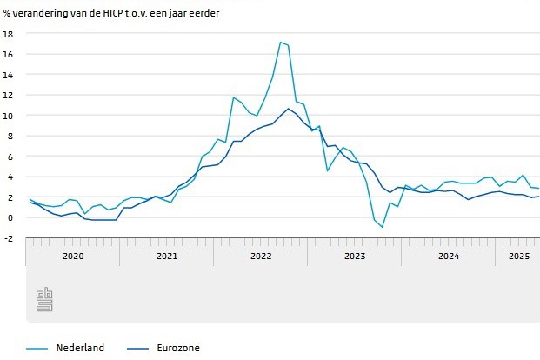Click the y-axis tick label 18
click(x=8, y=34)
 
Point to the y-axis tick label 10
click(x=8, y=116)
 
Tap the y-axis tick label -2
click(x=8, y=238)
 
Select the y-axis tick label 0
click(x=10, y=217)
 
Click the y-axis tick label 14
click(x=8, y=75)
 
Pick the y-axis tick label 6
click(x=10, y=157)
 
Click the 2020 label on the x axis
click(x=72, y=256)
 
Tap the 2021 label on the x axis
click(x=166, y=256)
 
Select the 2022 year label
click(x=260, y=256)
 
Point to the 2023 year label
click(x=354, y=256)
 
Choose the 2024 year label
click(x=448, y=256)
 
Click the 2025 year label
click(x=518, y=256)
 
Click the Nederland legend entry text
click(x=80, y=348)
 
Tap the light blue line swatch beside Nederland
click(x=36, y=349)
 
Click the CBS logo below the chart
click(x=44, y=301)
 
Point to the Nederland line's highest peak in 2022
click(x=280, y=42)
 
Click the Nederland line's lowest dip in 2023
click(x=382, y=227)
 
